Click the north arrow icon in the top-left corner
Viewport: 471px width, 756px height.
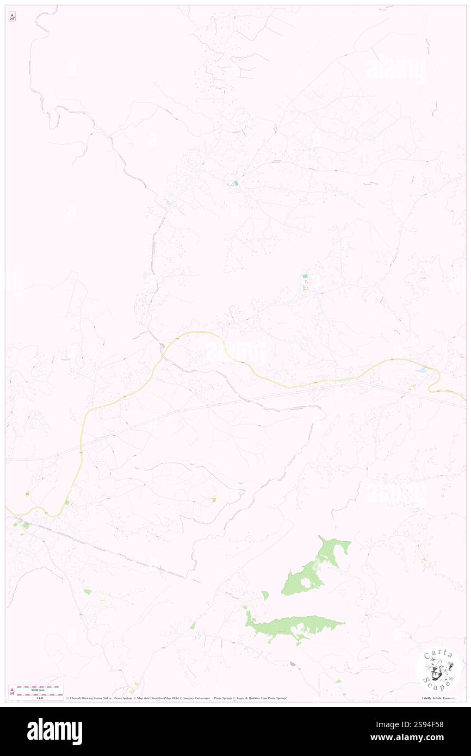coord(13,17)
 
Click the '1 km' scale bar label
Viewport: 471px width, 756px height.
coord(37,697)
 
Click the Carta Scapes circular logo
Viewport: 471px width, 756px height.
coord(438,671)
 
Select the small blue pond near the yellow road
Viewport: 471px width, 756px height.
coord(422,370)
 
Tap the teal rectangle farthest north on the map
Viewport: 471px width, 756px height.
coord(236,183)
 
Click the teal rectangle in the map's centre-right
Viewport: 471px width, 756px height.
coord(305,277)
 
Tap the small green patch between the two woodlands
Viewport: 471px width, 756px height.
coord(265,596)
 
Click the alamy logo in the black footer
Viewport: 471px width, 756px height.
coord(54,732)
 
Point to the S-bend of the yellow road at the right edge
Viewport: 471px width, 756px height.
coord(435,381)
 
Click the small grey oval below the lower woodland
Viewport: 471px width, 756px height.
coord(293,664)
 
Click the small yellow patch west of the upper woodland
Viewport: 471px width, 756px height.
coord(214,499)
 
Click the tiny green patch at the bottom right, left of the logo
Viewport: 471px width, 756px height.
coord(338,681)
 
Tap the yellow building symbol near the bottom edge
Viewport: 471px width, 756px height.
coord(137,684)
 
